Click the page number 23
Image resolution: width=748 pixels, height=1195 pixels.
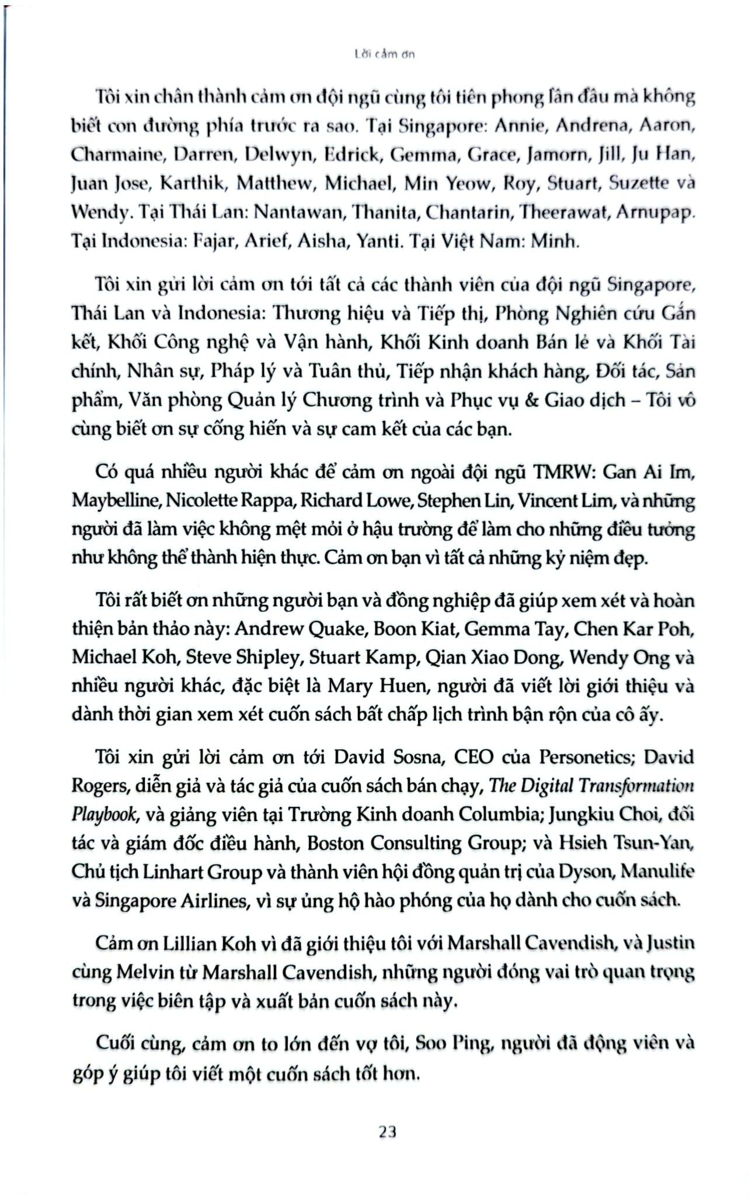coord(387,1131)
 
